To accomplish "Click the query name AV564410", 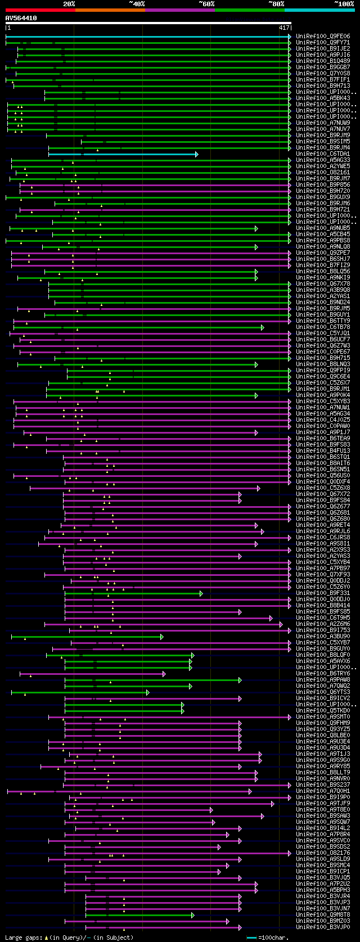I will pyautogui.click(x=21, y=18).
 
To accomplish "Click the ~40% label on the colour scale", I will pyautogui.click(x=137, y=4).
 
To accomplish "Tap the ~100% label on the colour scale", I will pyautogui.click(x=344, y=4).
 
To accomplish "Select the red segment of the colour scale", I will pyautogui.click(x=40, y=10).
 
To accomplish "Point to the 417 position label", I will pyautogui.click(x=283, y=28).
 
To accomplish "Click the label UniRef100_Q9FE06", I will pyautogui.click(x=323, y=37).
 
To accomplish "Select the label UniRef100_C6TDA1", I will pyautogui.click(x=323, y=154).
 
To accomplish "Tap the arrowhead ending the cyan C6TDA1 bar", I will pyautogui.click(x=196, y=154).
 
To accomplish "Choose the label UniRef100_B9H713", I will pyautogui.click(x=323, y=86).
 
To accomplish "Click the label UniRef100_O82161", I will pyautogui.click(x=323, y=173).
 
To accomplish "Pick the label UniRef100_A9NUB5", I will pyautogui.click(x=323, y=228).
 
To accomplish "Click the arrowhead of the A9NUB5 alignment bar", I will pyautogui.click(x=256, y=228).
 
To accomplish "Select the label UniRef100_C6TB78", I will pyautogui.click(x=323, y=327).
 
